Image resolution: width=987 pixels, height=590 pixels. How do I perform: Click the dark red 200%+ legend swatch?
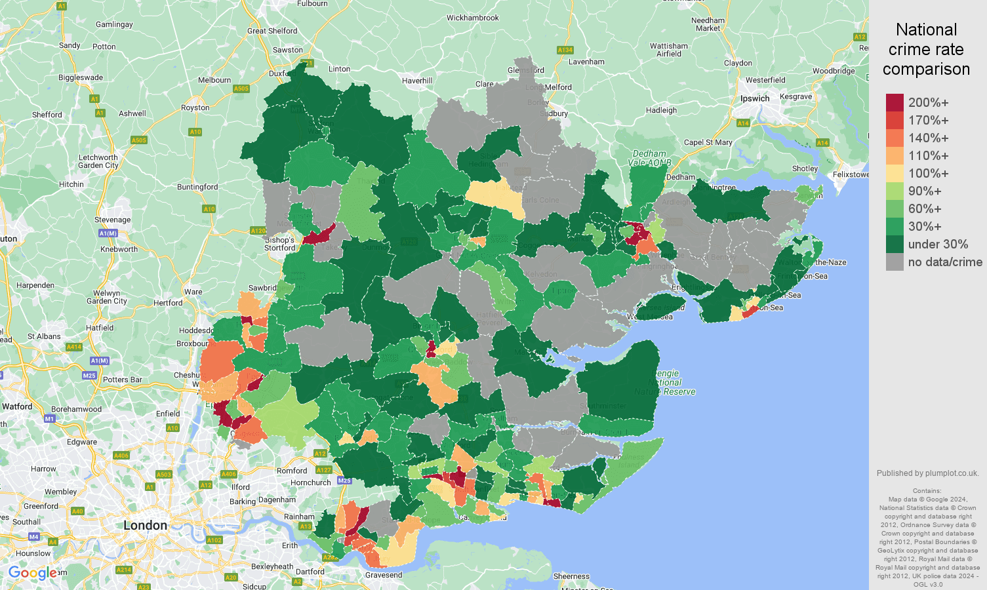click(895, 102)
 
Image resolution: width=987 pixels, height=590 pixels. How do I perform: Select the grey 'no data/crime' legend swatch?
click(895, 262)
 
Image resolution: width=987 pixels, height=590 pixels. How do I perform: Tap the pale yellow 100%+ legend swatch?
click(895, 173)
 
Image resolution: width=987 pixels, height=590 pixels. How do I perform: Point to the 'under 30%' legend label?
click(938, 244)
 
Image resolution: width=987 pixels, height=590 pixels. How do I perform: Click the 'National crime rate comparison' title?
click(926, 49)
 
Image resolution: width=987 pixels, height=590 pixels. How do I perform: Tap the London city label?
click(145, 525)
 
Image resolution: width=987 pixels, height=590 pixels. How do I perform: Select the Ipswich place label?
click(755, 98)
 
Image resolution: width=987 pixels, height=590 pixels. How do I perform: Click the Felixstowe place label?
click(851, 174)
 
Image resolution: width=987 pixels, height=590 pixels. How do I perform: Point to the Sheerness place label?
click(571, 576)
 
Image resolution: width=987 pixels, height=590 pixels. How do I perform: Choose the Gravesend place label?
click(384, 575)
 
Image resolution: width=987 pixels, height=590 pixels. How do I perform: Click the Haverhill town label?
click(417, 81)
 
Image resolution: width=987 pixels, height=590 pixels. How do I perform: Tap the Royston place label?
click(195, 108)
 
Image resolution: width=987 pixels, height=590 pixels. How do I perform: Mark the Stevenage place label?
click(112, 220)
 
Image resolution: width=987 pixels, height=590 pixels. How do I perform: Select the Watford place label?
click(17, 406)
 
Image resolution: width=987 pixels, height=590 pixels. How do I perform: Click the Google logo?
click(33, 574)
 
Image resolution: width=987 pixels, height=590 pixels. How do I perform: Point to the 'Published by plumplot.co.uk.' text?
click(927, 473)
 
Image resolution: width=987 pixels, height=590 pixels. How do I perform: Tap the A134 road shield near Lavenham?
click(565, 50)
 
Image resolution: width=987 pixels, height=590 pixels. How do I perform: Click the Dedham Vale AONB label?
click(649, 158)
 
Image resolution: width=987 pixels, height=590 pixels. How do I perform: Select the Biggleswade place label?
click(81, 77)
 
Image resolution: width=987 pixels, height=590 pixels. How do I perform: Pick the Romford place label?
click(292, 471)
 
